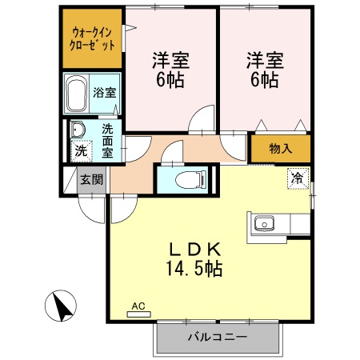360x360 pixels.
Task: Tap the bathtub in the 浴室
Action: click(x=77, y=95)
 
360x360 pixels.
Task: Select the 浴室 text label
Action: click(x=103, y=92)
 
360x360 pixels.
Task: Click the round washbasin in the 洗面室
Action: click(x=78, y=129)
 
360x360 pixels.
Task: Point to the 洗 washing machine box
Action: click(x=80, y=149)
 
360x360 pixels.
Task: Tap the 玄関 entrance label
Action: click(x=90, y=180)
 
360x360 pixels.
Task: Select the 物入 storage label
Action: click(x=280, y=148)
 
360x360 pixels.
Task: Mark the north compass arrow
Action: click(x=62, y=304)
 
